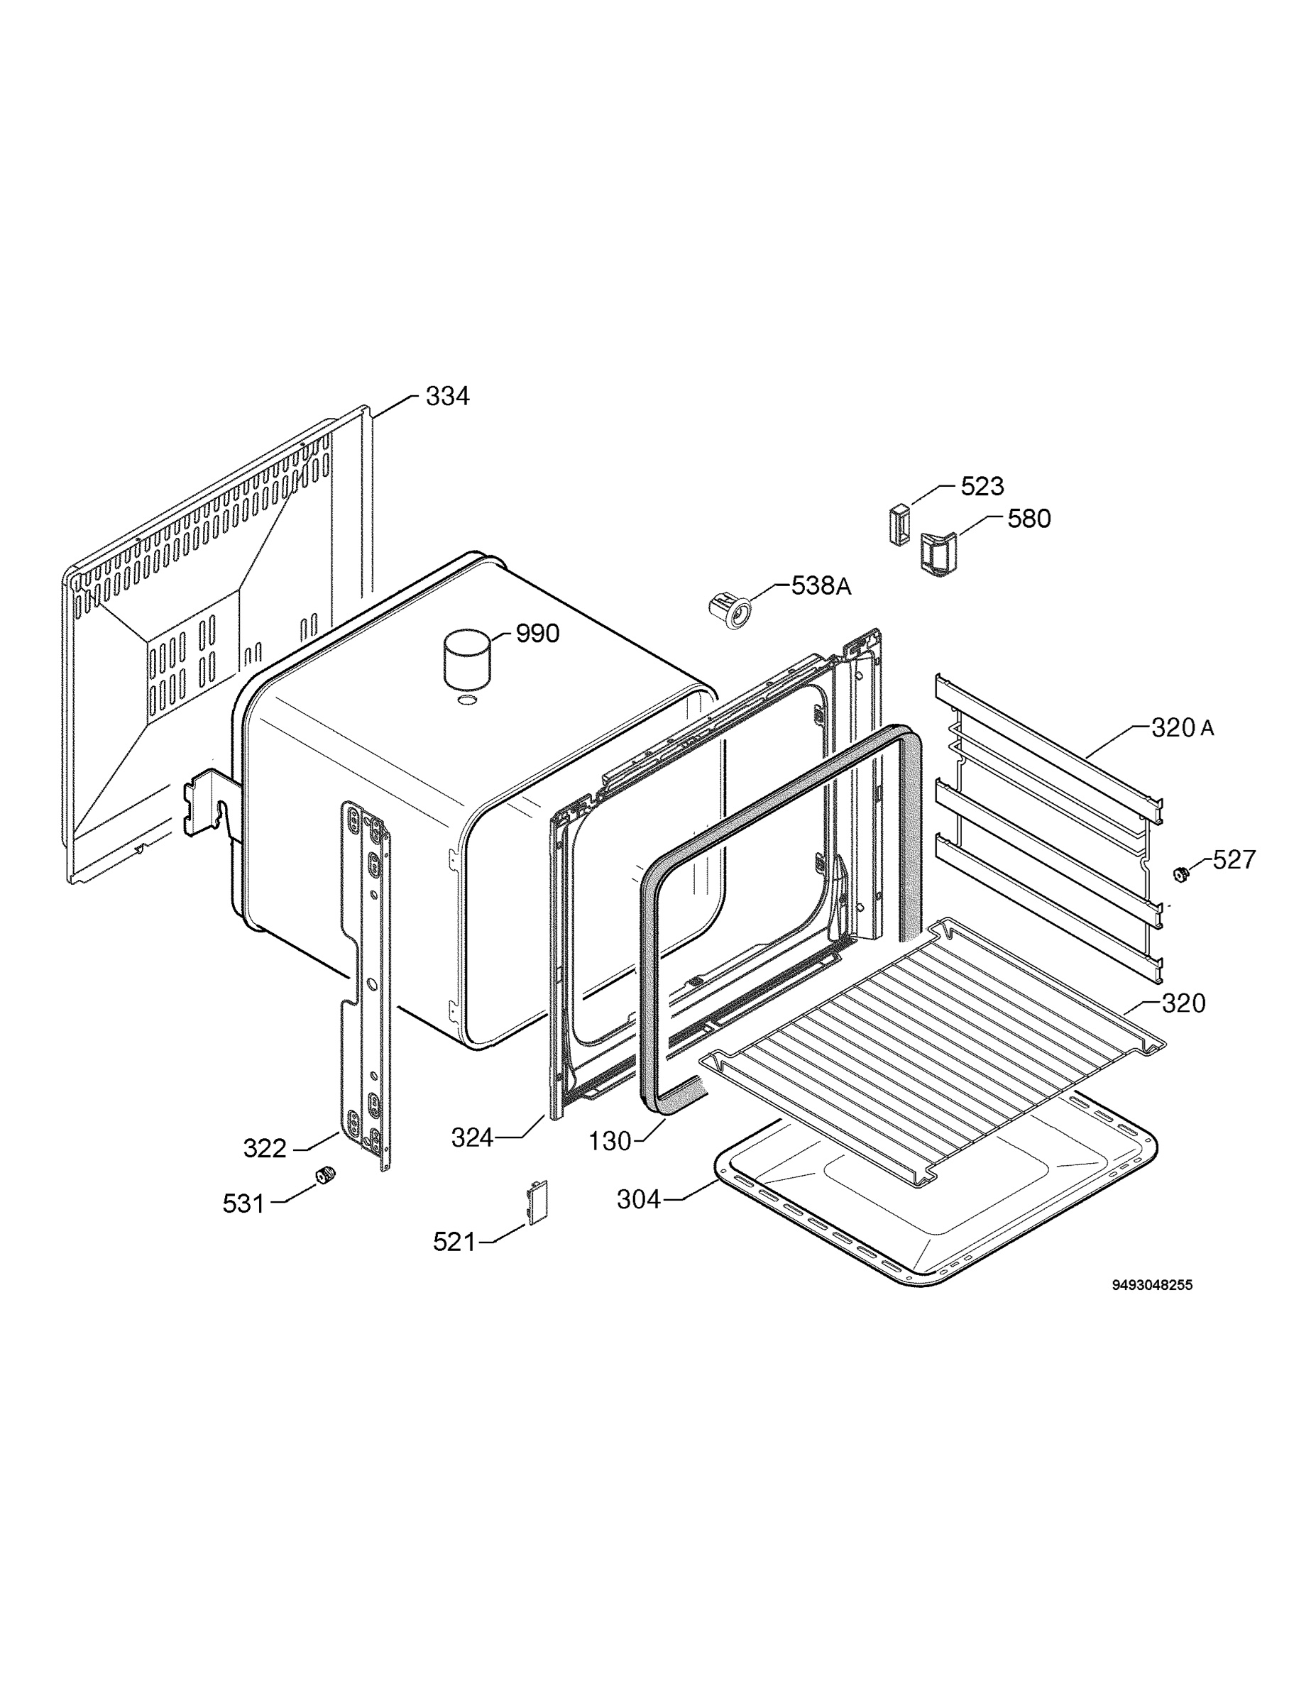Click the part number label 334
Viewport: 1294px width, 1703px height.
[x=447, y=397]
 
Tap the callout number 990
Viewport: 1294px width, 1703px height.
[x=537, y=634]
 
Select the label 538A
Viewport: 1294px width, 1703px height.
[x=822, y=586]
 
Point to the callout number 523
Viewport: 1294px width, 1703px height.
[x=983, y=487]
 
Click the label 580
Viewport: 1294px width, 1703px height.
[x=1029, y=519]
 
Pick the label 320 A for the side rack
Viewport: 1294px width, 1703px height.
[x=1183, y=727]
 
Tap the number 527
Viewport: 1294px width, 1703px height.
[x=1234, y=859]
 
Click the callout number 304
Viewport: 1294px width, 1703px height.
[x=639, y=1199]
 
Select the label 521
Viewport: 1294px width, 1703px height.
[x=454, y=1242]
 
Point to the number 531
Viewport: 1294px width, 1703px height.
[x=243, y=1203]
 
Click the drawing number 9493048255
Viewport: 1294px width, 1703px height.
[x=1152, y=1285]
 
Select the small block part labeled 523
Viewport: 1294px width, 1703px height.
[x=899, y=524]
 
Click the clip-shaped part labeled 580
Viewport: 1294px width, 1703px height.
[x=938, y=553]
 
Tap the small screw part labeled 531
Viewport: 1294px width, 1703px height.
[x=327, y=1176]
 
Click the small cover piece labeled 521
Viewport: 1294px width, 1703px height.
[x=536, y=1202]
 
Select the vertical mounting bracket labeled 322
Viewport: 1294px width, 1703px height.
[x=366, y=986]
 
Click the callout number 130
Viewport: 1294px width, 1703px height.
[x=610, y=1141]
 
